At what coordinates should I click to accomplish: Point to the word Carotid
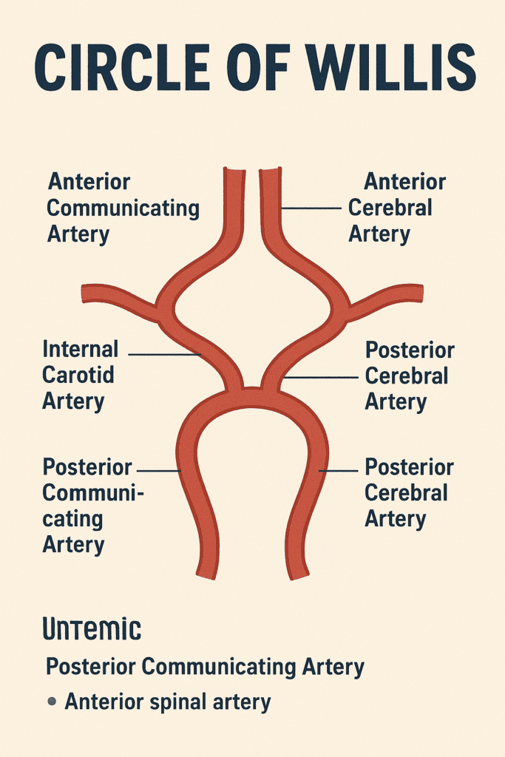pos(78,375)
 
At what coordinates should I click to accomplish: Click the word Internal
pos(81,349)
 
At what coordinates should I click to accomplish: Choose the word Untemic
pos(92,630)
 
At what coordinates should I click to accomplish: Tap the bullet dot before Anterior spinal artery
pos(52,701)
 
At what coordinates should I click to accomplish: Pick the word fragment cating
pos(72,519)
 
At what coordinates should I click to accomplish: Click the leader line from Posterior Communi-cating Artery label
pos(158,470)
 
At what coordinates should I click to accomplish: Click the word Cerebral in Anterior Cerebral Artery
pos(390,208)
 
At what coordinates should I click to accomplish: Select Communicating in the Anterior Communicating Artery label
pos(123,208)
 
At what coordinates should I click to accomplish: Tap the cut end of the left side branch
pos(85,293)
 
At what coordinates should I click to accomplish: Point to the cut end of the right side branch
pos(419,293)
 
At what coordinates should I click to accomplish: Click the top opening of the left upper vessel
pos(233,172)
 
